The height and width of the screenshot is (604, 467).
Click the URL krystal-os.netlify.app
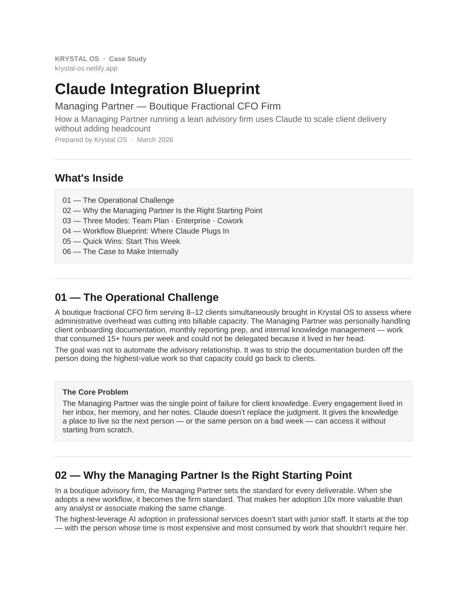pyautogui.click(x=86, y=68)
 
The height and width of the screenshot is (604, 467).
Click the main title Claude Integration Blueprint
pyautogui.click(x=157, y=89)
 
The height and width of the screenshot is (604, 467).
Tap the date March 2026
pyautogui.click(x=155, y=140)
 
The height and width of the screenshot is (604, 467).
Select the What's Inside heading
pyautogui.click(x=89, y=178)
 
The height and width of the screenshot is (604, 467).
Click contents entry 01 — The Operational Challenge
pyautogui.click(x=118, y=200)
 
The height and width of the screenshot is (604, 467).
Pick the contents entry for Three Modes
pyautogui.click(x=153, y=221)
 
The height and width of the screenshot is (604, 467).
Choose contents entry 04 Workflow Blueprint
pyautogui.click(x=146, y=231)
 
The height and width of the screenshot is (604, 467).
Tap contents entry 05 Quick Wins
pyautogui.click(x=121, y=241)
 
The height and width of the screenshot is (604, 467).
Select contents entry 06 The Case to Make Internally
pyautogui.click(x=121, y=251)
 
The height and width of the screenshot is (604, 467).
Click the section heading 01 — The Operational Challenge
pyautogui.click(x=137, y=297)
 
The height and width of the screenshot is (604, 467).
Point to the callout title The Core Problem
pyautogui.click(x=95, y=392)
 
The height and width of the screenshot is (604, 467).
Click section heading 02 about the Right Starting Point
pyautogui.click(x=203, y=475)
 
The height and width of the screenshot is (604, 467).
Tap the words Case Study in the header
pyautogui.click(x=127, y=59)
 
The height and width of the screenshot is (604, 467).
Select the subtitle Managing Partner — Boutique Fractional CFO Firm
pyautogui.click(x=168, y=106)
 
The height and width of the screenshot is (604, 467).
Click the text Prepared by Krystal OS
pyautogui.click(x=91, y=140)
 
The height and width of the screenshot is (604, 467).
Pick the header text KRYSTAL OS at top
pyautogui.click(x=77, y=59)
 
